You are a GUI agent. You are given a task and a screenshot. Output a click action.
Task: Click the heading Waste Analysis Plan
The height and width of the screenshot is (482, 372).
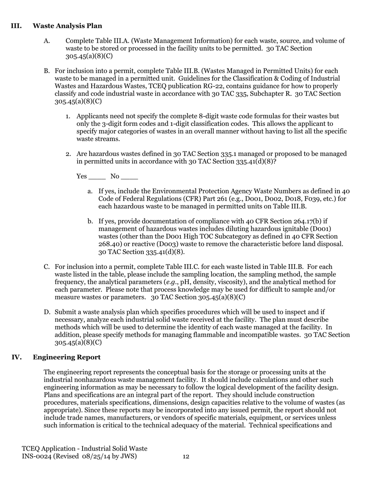67,26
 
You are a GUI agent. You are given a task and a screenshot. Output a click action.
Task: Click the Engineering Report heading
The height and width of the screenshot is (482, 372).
67,357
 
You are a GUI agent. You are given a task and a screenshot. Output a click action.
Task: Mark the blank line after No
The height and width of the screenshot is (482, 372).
129,177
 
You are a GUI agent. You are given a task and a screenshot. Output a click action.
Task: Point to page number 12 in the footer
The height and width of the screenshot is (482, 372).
186,456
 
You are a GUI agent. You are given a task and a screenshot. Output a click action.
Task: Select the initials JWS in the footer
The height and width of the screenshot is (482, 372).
129,456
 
